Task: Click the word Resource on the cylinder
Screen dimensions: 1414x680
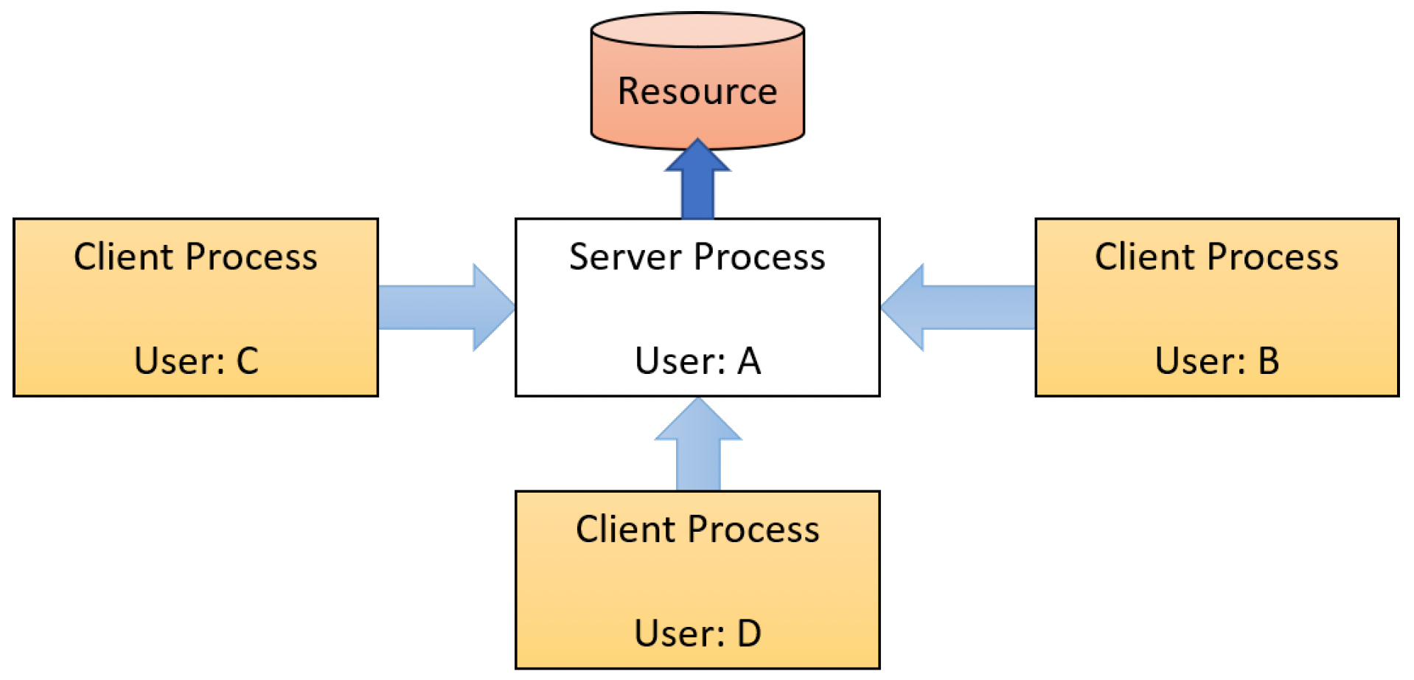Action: (697, 91)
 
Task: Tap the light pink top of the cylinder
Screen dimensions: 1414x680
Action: (697, 30)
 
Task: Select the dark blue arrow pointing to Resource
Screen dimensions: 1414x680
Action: (697, 178)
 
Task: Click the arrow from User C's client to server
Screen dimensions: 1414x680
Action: (447, 307)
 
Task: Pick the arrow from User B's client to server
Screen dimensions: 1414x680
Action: (958, 307)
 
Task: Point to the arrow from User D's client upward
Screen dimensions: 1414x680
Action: (698, 444)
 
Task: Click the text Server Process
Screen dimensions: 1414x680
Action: (697, 257)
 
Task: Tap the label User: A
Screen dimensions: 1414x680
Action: (697, 361)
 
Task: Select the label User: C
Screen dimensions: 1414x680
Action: (196, 361)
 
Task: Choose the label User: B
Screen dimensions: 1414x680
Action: (1217, 361)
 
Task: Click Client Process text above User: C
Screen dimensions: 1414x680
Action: (195, 257)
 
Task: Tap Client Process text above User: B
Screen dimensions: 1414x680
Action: (1216, 257)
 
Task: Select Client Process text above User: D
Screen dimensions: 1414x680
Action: (697, 530)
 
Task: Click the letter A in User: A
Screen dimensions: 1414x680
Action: (749, 361)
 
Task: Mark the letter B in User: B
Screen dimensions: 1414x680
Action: (1269, 361)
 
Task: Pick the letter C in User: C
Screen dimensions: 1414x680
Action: (248, 361)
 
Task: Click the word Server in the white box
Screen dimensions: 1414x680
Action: (626, 257)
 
